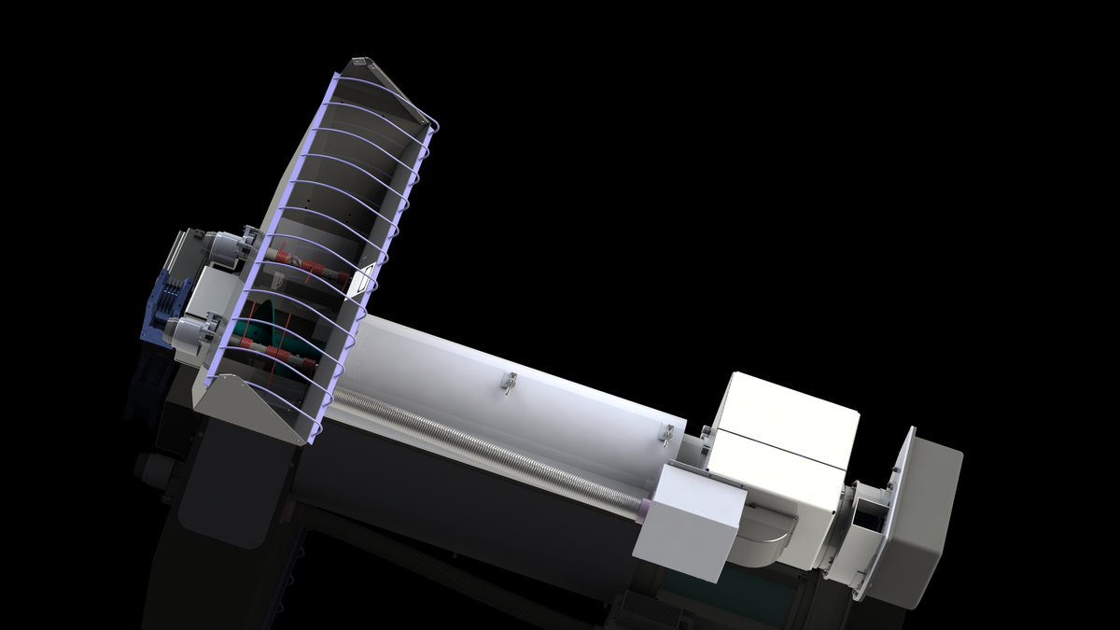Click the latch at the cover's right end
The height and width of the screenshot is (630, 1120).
pos(667,433)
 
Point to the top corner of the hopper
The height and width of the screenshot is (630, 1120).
pos(359,63)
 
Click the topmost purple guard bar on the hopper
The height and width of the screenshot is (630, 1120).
pos(392,93)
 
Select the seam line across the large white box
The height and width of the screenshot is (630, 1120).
pos(779,446)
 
